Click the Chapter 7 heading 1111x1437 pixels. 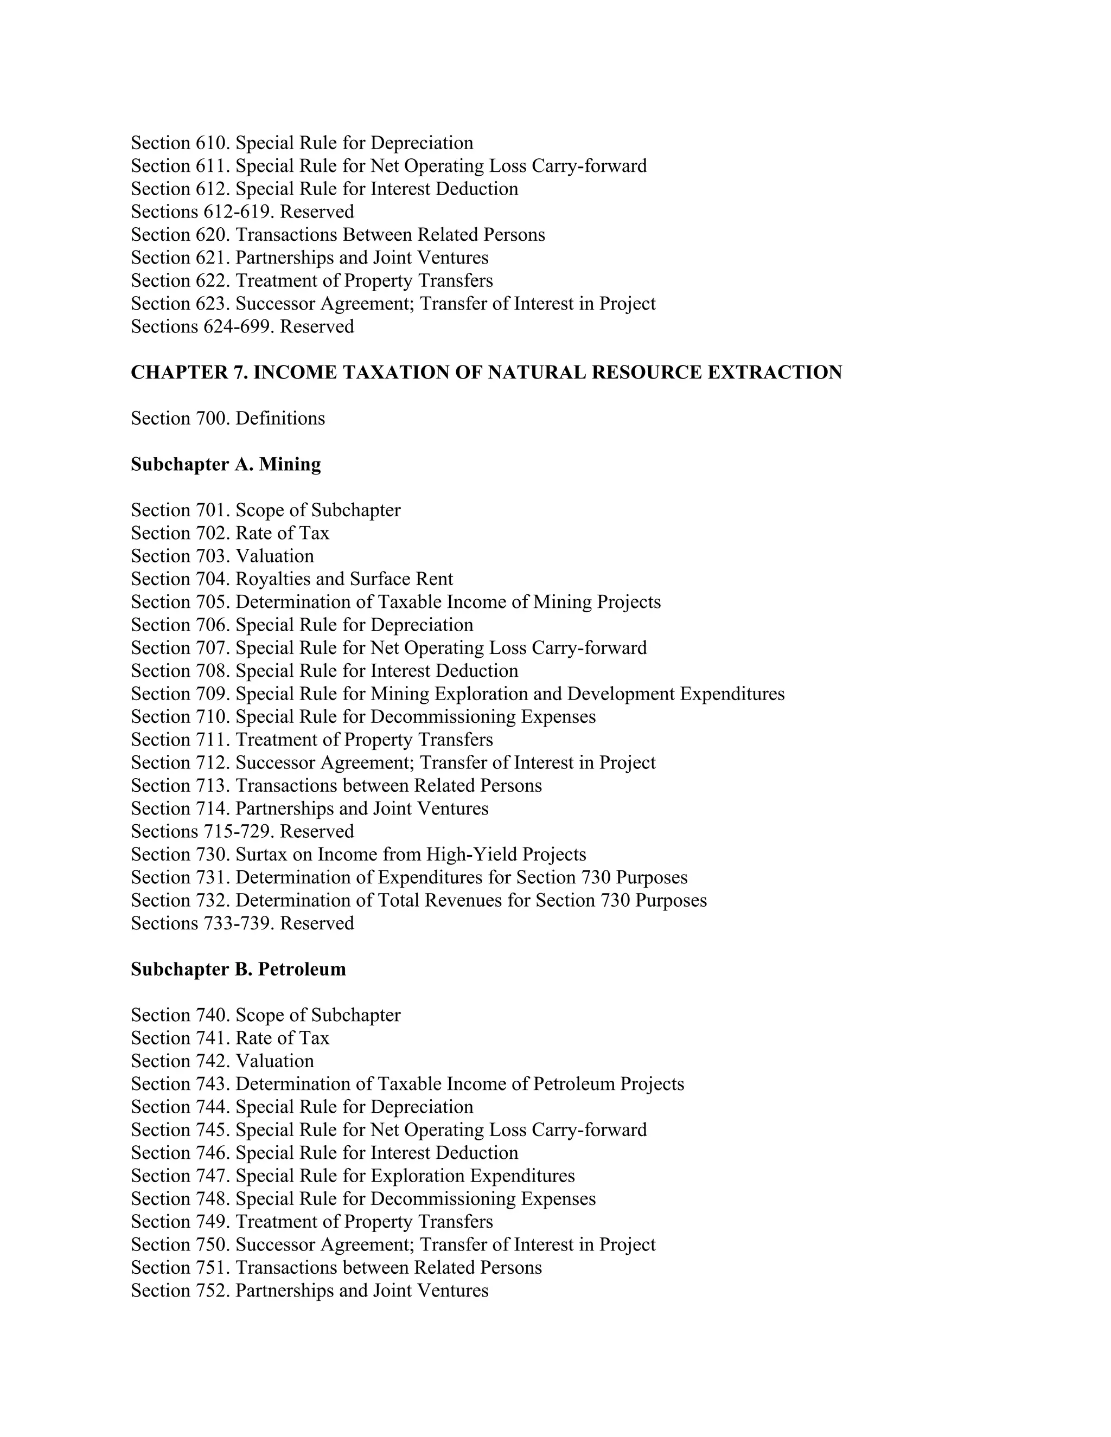pos(486,373)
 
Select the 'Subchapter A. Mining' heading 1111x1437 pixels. pos(226,465)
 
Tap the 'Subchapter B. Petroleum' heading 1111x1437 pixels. pos(238,969)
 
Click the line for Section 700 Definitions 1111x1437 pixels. pos(228,419)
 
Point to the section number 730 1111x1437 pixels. pos(212,855)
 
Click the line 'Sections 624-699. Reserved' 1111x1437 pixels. pos(242,326)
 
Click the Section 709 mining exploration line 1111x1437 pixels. pos(457,694)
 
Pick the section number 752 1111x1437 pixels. pos(212,1291)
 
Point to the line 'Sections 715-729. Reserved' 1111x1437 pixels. pos(242,832)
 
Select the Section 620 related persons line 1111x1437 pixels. pos(337,235)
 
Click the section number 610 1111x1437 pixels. pos(212,143)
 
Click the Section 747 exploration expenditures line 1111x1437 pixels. pos(353,1176)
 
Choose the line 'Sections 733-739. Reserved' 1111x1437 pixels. pos(242,924)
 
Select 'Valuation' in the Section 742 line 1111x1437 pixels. pos(274,1061)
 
